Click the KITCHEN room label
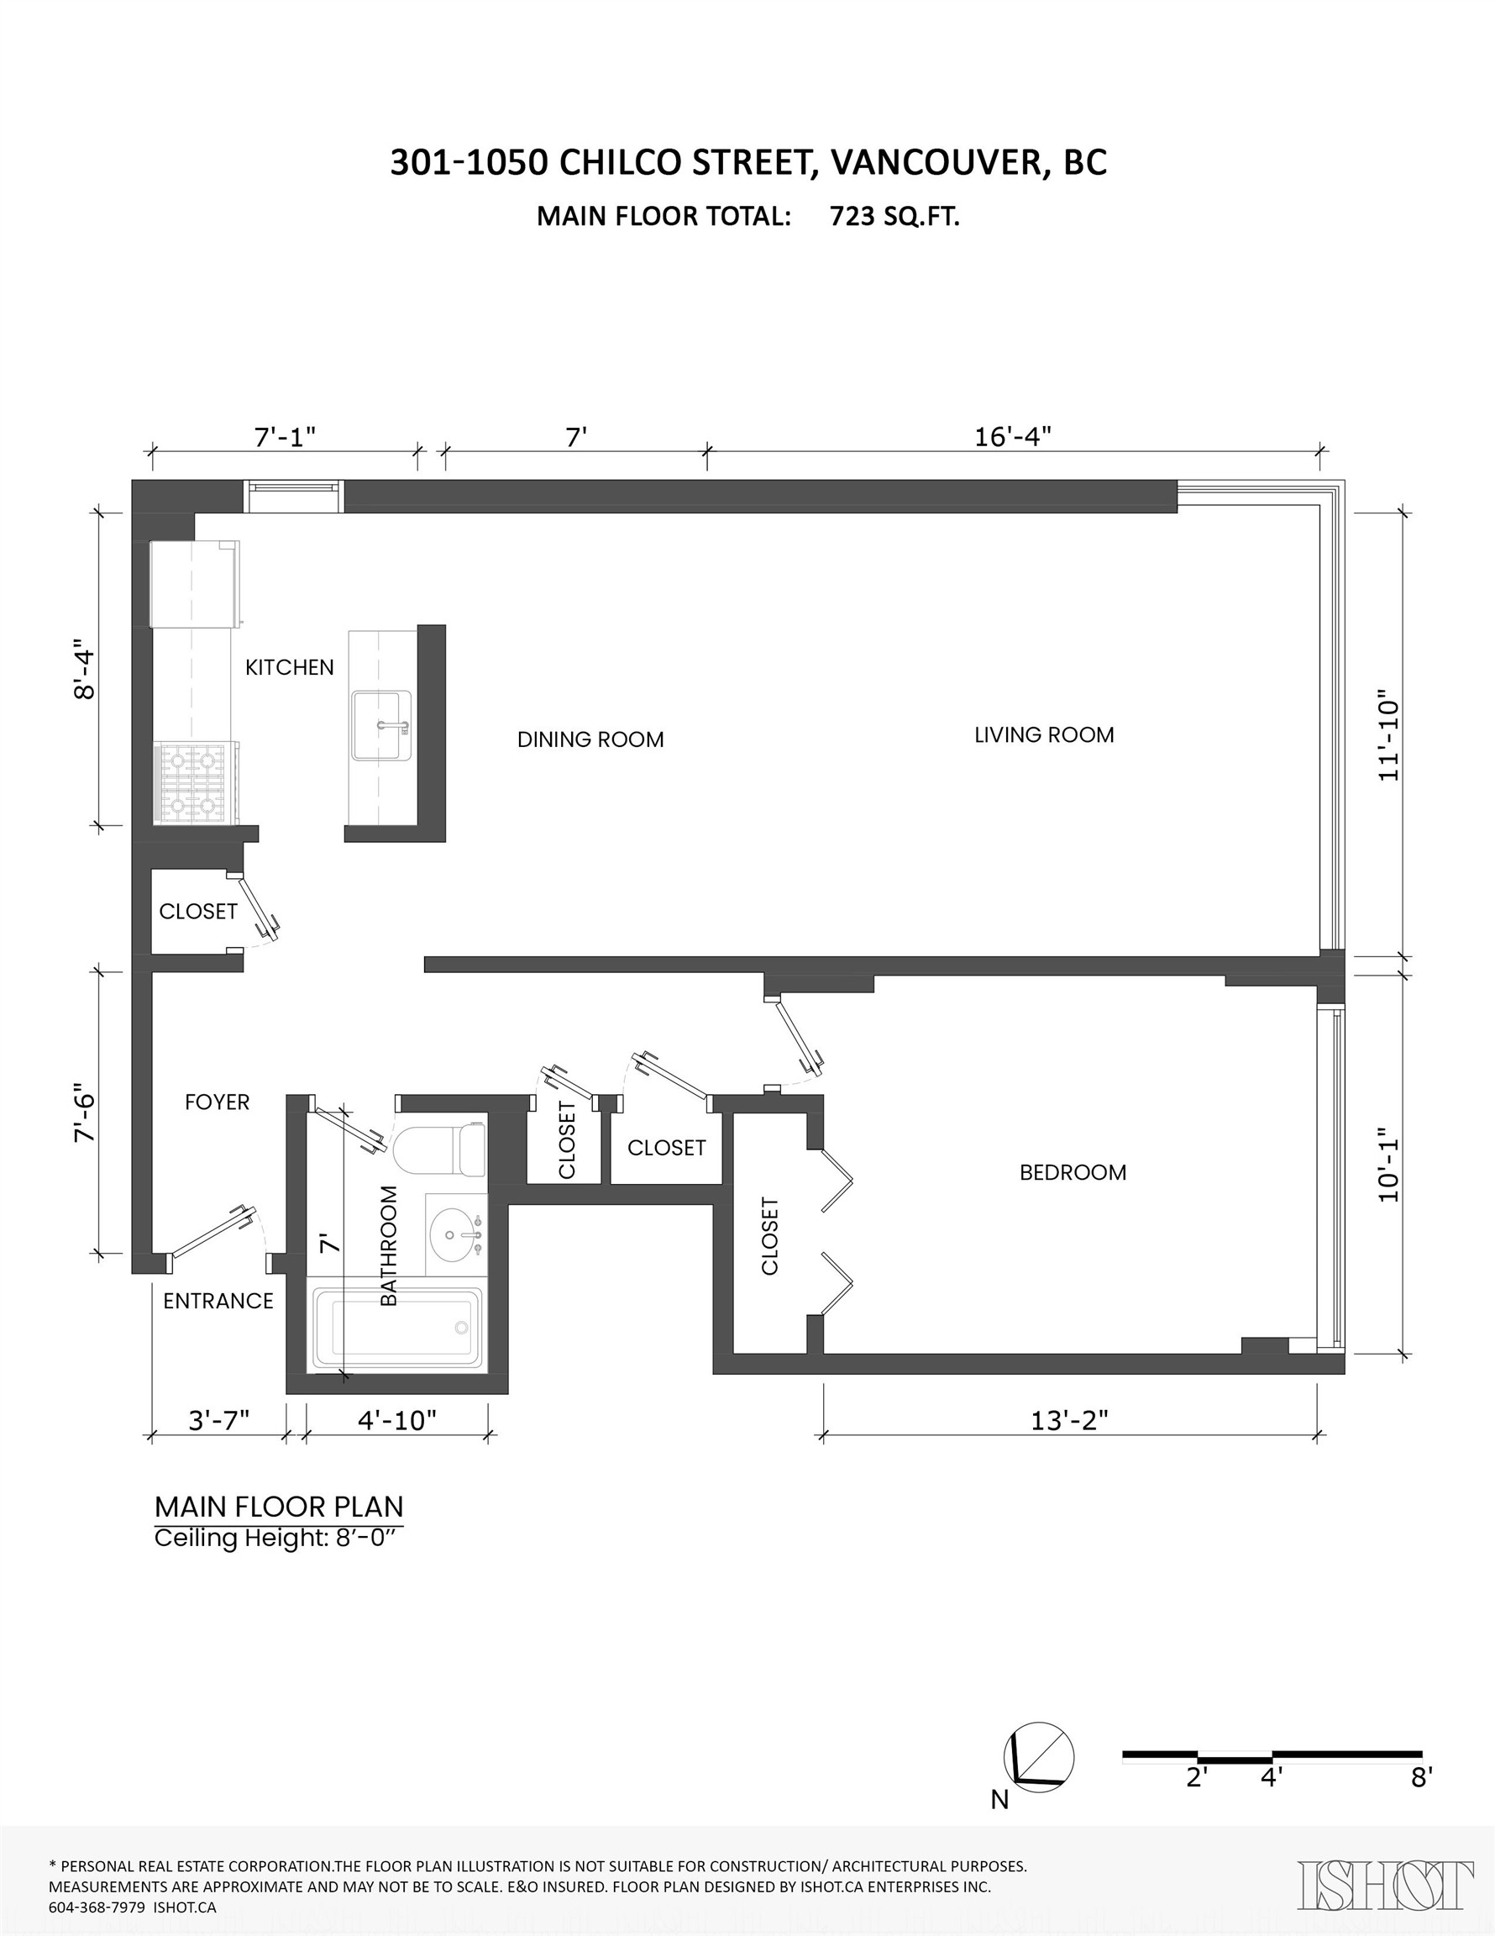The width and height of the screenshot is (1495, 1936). pos(289,667)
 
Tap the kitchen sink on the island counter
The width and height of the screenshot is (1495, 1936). pos(382,726)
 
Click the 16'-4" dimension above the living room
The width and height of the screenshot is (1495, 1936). pos(1012,437)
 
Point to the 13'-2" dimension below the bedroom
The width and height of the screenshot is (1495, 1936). pos(1068,1421)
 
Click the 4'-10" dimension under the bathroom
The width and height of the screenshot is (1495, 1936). pos(397,1421)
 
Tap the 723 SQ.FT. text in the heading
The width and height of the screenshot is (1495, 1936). pos(894,217)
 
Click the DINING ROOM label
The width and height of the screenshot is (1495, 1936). pos(590,739)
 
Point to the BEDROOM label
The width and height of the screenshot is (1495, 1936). pos(1073,1172)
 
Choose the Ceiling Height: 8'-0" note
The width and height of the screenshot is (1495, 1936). pos(278,1538)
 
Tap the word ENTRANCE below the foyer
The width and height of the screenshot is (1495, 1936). pos(218,1301)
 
